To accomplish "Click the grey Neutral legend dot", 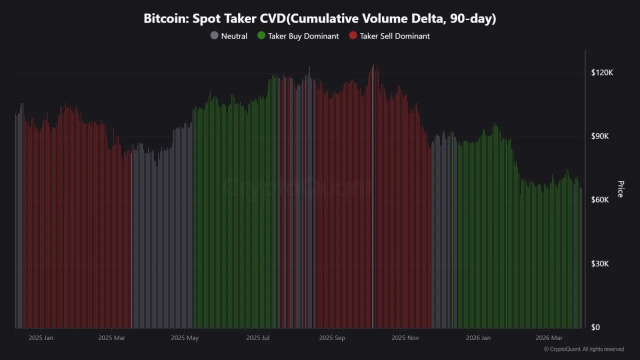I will pos(214,36).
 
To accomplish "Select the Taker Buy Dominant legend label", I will pos(303,36).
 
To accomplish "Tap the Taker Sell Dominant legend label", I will pos(394,36).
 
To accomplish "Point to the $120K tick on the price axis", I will pos(602,72).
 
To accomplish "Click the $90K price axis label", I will pos(602,136).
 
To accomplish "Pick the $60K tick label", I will pos(602,199).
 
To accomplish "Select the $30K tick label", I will pos(602,263).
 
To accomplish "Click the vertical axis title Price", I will pos(620,189).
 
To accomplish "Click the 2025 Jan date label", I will pos(41,338).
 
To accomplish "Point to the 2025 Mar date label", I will pos(111,338).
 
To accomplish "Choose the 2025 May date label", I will pos(185,338).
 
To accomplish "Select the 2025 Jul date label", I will pos(258,338).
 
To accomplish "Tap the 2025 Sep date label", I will pos(332,338).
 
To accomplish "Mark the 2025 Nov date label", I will pos(405,338).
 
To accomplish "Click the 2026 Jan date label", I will pos(478,338).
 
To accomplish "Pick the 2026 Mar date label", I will pos(549,338).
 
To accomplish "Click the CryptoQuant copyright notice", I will pos(583,349).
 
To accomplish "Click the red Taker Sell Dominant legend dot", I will pos(353,36).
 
